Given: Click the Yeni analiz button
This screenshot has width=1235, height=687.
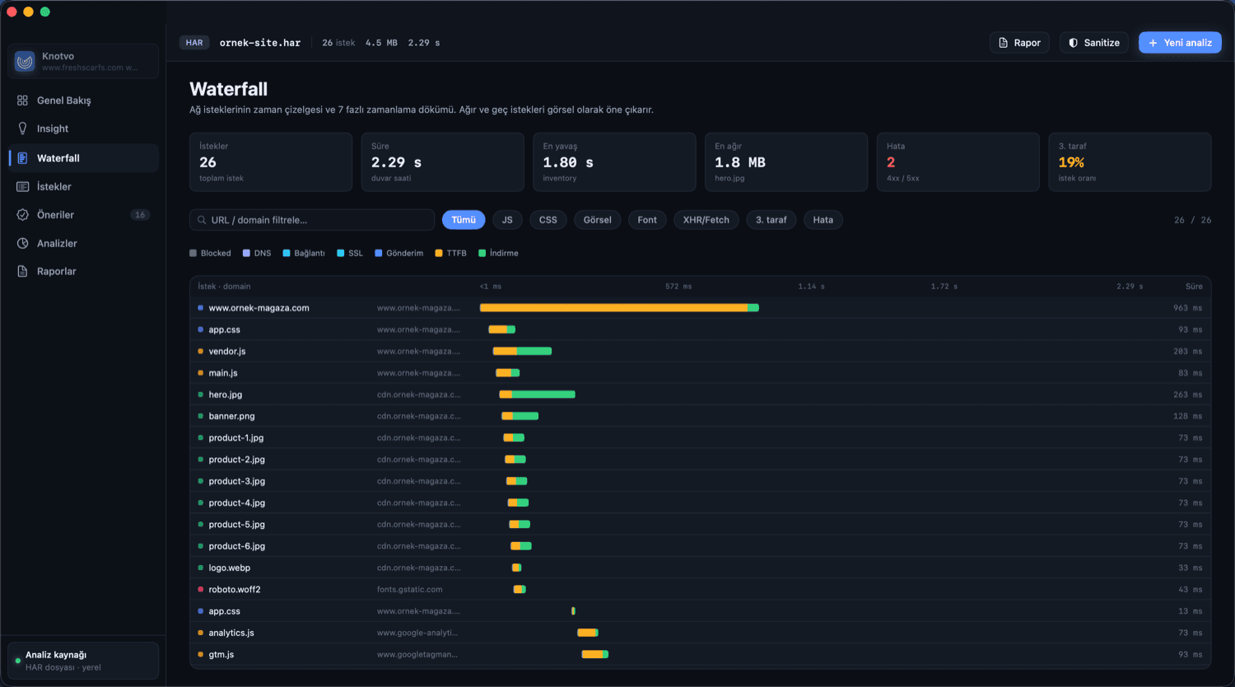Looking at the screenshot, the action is [1180, 43].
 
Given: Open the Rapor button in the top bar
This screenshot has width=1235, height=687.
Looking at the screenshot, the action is [1019, 43].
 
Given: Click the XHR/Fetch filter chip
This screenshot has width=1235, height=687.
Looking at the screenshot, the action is [706, 220].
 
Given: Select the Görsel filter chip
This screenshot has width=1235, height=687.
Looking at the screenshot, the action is [597, 220].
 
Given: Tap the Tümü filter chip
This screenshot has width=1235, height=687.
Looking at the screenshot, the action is [463, 220].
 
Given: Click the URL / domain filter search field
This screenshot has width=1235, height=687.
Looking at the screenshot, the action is [312, 220].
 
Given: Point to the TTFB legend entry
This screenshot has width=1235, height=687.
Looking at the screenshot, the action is [451, 253].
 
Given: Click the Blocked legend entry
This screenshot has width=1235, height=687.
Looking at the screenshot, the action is [210, 253].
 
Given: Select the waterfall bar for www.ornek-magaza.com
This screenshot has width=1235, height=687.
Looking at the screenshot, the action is [619, 307].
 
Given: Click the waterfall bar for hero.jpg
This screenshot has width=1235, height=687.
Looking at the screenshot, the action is [537, 394].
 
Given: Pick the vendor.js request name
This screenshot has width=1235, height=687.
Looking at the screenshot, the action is [227, 351].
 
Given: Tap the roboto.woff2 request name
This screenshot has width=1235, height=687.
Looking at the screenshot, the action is [235, 589].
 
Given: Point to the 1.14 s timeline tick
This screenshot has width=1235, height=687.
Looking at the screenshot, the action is [811, 287].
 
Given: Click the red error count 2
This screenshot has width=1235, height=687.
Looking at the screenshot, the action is [891, 162].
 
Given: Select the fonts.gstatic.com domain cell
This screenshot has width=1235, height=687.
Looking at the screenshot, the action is [410, 589].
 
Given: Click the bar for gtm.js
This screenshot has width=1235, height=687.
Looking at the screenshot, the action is [595, 654].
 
